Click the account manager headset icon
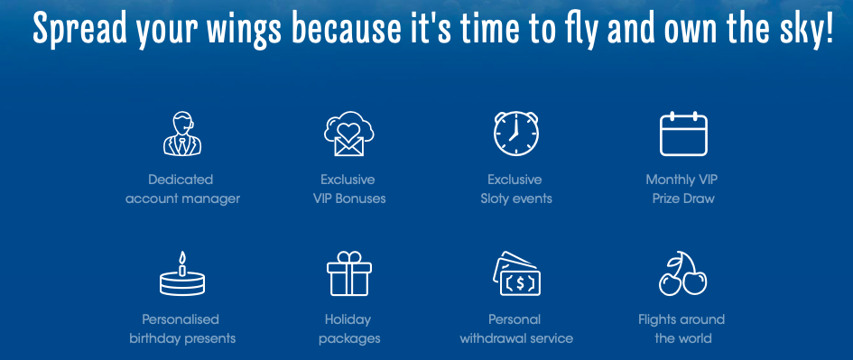[182, 134]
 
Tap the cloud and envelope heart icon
[348, 134]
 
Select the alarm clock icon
[515, 134]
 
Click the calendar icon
[683, 134]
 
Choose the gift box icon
[348, 273]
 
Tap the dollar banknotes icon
[516, 273]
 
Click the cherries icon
[682, 273]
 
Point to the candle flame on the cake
[182, 257]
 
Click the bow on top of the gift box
[348, 256]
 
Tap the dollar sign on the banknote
[520, 282]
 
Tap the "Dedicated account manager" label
[182, 189]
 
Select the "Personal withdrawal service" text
[516, 328]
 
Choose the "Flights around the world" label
[682, 328]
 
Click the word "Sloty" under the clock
[495, 199]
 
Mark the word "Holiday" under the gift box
[348, 319]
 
